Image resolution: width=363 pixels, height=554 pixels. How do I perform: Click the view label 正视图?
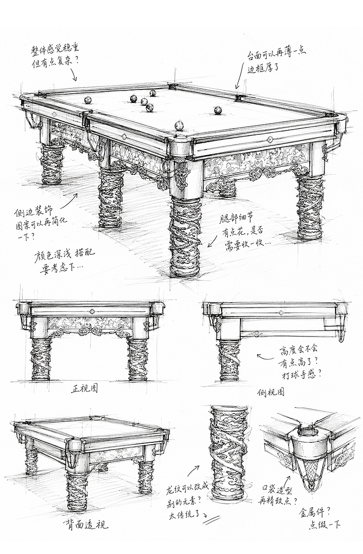(84, 389)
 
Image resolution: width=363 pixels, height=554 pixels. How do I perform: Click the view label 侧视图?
(271, 392)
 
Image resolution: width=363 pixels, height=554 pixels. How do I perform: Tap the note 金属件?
(315, 511)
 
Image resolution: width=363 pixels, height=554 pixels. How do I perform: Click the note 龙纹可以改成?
(187, 492)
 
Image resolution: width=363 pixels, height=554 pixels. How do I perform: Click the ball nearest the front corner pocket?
(179, 126)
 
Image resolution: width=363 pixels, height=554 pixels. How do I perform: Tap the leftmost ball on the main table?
(88, 100)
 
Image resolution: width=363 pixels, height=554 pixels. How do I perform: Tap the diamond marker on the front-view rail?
(92, 311)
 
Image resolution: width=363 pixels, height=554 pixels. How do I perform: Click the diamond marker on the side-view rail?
(281, 313)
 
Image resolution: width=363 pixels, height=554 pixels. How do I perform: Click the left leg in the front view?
(40, 359)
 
